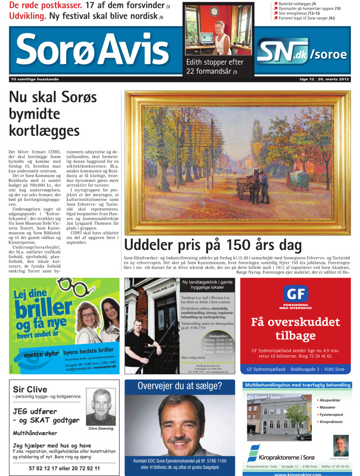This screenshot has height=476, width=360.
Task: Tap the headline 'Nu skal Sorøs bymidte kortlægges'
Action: point(45,113)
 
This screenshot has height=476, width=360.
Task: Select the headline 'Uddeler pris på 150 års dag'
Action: point(213,245)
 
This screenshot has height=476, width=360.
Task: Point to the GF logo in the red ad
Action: point(296,295)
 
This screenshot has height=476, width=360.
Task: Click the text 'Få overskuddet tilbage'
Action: point(295,328)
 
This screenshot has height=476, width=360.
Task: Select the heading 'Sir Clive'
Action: point(30,390)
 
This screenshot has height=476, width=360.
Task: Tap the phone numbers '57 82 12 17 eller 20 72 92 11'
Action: point(64,468)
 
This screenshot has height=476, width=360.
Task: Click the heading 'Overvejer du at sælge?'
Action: point(180,386)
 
